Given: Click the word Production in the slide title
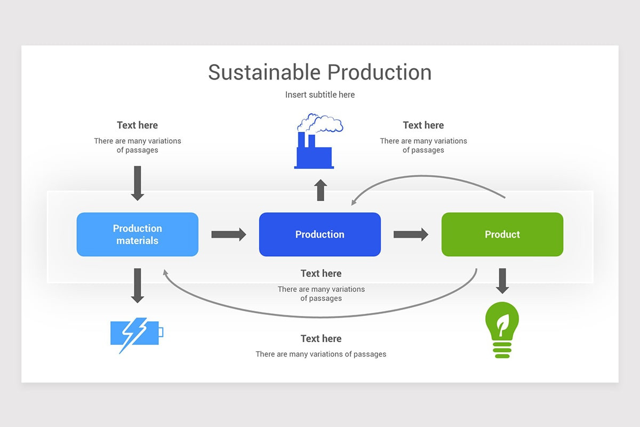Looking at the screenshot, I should (x=379, y=73).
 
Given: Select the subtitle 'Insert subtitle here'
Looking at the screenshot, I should (x=319, y=94).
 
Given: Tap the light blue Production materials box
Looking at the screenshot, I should (x=138, y=234).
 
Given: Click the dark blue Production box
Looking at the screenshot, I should (x=320, y=234).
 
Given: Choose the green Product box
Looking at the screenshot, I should (x=502, y=234).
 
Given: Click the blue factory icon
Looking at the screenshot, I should (x=314, y=154).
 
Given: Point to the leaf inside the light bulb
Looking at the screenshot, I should (x=502, y=322).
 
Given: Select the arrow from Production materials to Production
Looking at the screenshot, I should (x=228, y=234).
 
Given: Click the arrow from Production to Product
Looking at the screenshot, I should (x=411, y=234).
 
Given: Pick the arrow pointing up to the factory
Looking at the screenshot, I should (x=320, y=189).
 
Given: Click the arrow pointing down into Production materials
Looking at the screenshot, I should (x=138, y=183).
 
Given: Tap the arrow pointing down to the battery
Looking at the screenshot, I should (x=138, y=285).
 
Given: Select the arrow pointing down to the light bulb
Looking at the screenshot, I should (x=502, y=280).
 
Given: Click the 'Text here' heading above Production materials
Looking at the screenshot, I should (x=138, y=125).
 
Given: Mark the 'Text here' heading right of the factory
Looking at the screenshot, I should (x=423, y=125).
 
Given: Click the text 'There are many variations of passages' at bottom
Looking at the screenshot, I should (x=321, y=354).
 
